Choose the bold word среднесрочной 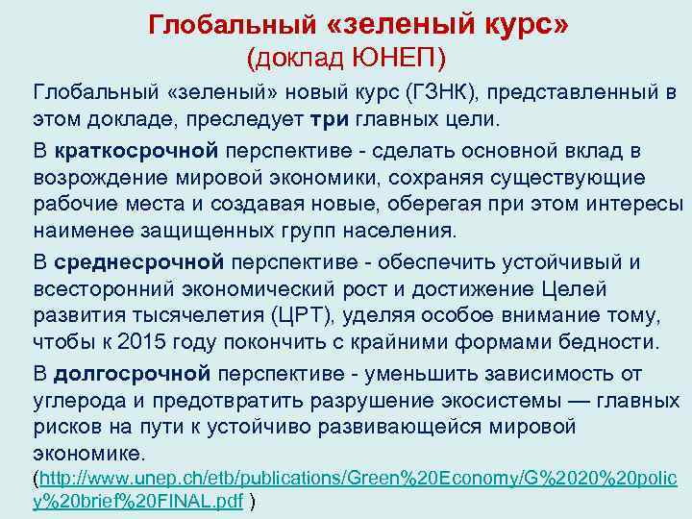click(140, 261)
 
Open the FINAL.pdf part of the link click(193, 503)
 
